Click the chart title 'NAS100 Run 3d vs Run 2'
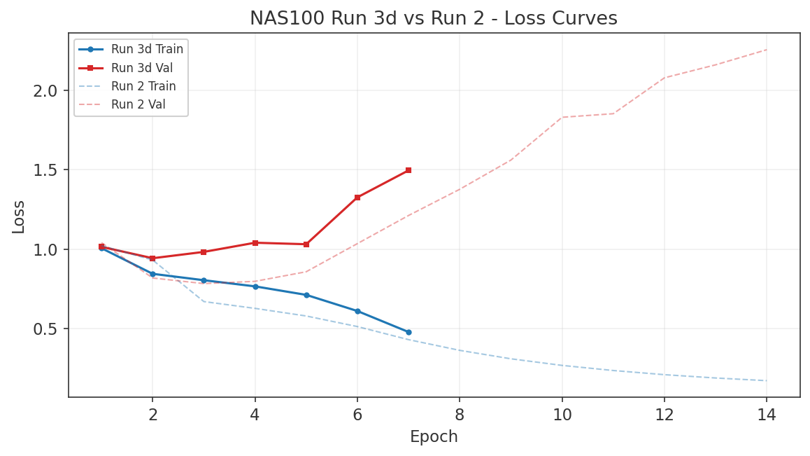[433, 18]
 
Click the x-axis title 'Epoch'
[434, 437]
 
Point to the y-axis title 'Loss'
[19, 216]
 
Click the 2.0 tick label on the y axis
[48, 91]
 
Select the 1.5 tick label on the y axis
[48, 170]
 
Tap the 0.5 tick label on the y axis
[48, 329]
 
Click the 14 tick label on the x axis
[767, 415]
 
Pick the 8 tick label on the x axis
[460, 415]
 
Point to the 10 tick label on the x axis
[562, 415]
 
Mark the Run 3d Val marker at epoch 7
[408, 170]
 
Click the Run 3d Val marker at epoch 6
[357, 198]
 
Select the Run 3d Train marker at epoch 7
[408, 332]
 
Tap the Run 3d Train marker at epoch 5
[306, 295]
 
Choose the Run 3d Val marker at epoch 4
[255, 243]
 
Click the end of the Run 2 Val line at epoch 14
[767, 50]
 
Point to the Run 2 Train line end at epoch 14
[767, 380]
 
